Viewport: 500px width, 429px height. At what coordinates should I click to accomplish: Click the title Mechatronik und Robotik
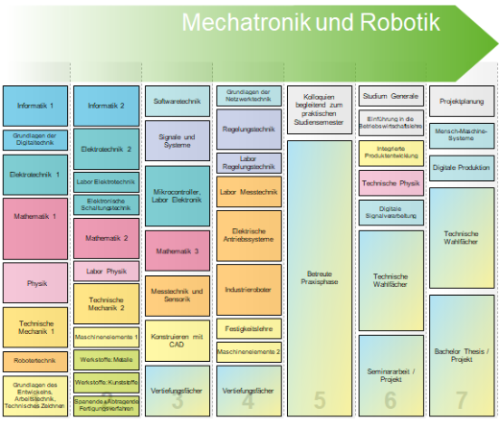(311, 21)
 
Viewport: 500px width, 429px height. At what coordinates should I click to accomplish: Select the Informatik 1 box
(36, 106)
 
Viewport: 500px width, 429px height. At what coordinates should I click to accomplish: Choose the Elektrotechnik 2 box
(107, 150)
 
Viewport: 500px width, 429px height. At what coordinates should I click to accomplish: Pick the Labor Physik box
(107, 271)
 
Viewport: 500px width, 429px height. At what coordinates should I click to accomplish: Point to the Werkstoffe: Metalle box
(107, 362)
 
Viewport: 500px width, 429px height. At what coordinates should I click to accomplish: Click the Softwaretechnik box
(177, 100)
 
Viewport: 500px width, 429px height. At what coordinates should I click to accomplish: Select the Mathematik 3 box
(177, 250)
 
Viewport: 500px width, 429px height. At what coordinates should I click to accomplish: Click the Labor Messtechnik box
(249, 191)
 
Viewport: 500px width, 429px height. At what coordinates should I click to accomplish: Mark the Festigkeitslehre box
(249, 329)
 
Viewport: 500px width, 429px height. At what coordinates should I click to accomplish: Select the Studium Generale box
(391, 96)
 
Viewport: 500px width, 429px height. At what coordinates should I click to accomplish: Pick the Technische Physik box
(391, 181)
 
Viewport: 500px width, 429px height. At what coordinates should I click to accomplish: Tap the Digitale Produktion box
(462, 169)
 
